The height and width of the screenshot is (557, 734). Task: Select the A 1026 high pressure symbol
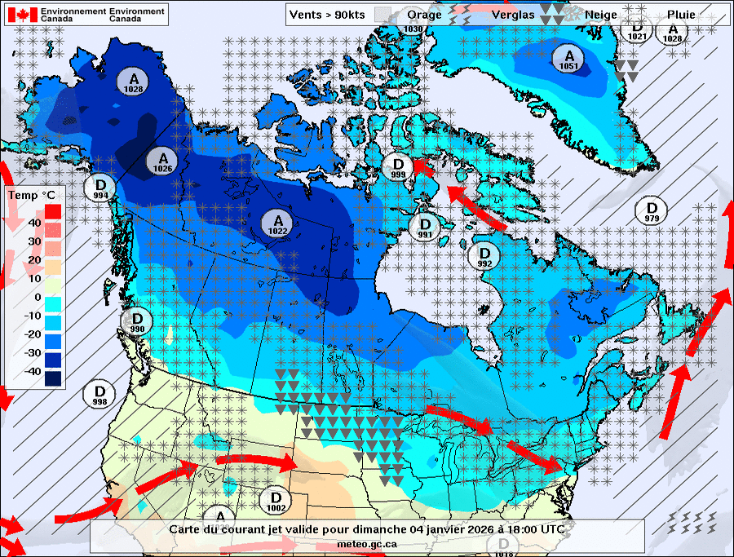(x=163, y=161)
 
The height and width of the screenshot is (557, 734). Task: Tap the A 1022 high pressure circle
(x=278, y=223)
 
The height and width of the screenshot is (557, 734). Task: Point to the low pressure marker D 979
(x=651, y=210)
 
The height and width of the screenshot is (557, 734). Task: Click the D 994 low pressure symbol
(x=101, y=188)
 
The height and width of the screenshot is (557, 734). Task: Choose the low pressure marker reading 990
(x=137, y=321)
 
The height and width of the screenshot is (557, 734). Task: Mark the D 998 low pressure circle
(x=100, y=394)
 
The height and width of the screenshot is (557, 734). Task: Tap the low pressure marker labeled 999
(x=398, y=166)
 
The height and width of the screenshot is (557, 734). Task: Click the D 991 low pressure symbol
(x=424, y=228)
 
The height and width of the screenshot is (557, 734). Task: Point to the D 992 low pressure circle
(x=484, y=256)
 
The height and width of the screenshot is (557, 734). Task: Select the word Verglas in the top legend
(x=512, y=15)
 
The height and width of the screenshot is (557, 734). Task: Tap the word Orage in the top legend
(x=424, y=15)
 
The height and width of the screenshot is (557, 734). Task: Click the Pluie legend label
(x=681, y=15)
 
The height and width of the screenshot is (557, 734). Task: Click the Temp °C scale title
(x=33, y=196)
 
